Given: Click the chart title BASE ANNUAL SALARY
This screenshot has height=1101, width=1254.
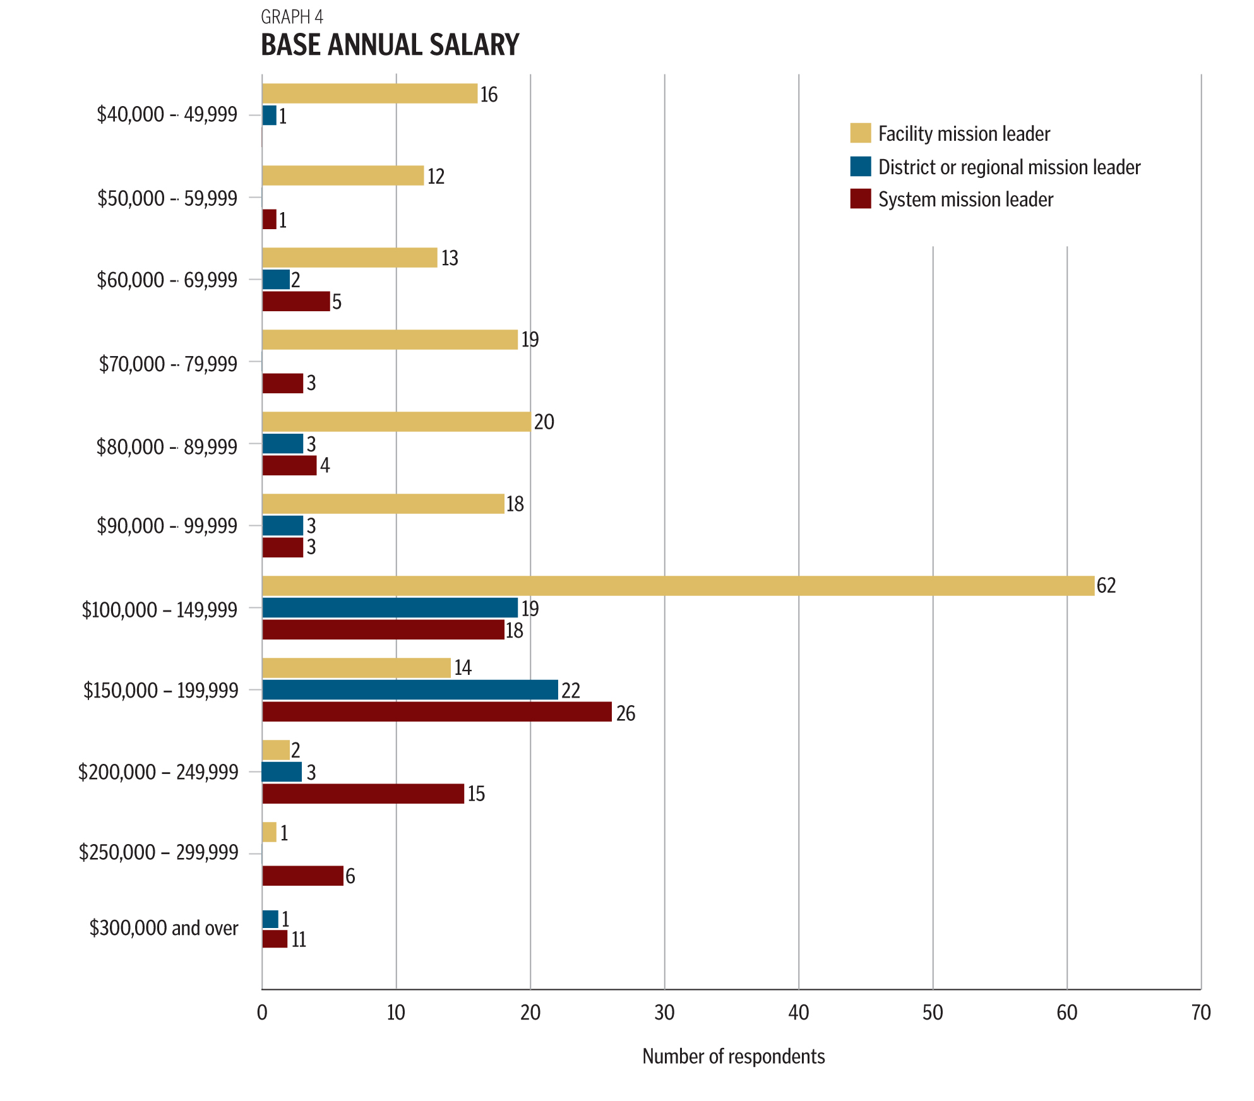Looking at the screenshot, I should tap(390, 45).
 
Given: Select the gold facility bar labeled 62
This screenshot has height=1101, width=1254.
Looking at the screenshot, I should tap(678, 586).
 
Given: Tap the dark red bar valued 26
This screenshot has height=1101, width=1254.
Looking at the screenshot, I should tap(436, 711).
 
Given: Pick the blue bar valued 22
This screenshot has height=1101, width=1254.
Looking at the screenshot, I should tap(410, 690).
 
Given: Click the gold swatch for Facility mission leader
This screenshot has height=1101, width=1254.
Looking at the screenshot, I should tap(860, 133).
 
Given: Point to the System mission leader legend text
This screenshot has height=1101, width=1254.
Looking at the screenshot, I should tap(965, 199).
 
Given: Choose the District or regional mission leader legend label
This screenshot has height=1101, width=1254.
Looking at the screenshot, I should tap(1009, 167).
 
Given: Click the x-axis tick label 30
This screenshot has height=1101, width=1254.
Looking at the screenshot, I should tap(664, 1013).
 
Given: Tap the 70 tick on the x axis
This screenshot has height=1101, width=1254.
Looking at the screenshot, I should tap(1200, 1013).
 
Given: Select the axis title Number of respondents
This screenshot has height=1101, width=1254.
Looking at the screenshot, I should tap(733, 1056).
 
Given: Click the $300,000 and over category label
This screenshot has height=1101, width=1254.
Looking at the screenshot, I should tap(164, 928).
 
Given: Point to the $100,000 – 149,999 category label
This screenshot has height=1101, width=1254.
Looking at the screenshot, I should tap(159, 610).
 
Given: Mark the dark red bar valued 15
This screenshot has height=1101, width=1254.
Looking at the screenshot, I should tap(363, 794).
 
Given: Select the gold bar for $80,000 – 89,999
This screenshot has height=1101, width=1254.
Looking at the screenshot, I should tap(396, 422).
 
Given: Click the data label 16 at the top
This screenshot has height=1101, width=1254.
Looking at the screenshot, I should tap(489, 95).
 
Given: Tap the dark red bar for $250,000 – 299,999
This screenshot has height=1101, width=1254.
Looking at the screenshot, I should tap(302, 876).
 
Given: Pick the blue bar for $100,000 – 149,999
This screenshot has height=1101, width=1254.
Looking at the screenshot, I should tap(390, 608).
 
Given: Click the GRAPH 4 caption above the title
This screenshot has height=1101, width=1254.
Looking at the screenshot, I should tap(292, 16).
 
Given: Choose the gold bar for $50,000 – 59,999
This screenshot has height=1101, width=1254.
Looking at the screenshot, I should tap(343, 176).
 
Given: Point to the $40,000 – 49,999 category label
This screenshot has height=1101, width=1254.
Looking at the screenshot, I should tap(167, 114).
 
